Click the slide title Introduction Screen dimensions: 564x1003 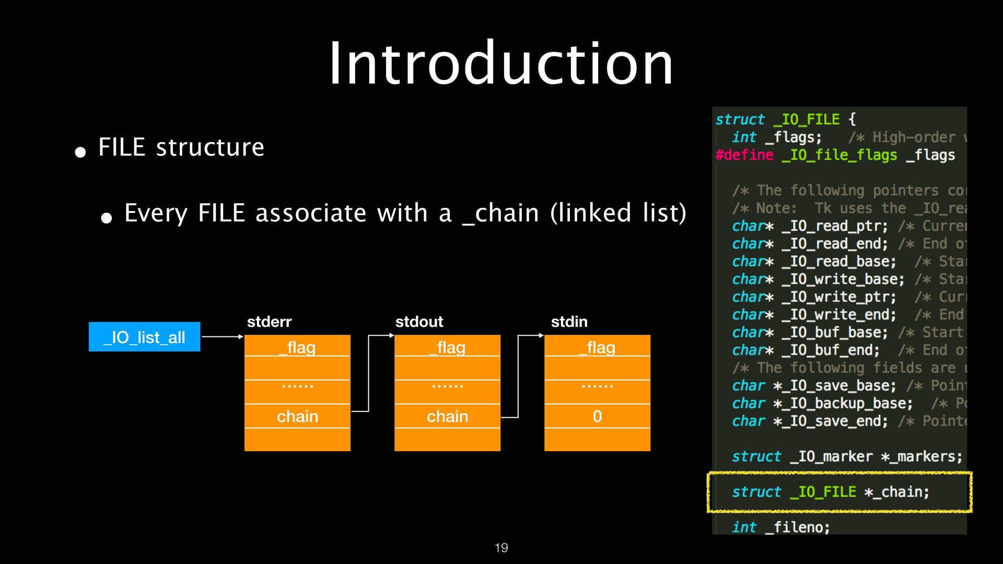pos(501,64)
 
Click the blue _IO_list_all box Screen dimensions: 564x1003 pos(144,337)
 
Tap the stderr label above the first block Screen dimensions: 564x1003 pos(269,322)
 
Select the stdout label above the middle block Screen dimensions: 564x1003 pos(419,322)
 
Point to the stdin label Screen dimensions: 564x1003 pos(569,322)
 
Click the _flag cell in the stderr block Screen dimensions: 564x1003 pos(297,347)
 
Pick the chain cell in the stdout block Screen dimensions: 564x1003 pos(447,416)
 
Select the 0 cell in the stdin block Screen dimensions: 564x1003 pos(597,416)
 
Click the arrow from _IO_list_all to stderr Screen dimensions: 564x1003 pos(222,337)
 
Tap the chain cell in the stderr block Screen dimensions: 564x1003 pos(297,416)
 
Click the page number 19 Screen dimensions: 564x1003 pos(501,548)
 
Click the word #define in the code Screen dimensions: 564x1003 pos(744,155)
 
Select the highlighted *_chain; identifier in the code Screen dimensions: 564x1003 pos(896,492)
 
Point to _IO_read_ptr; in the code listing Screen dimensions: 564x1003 pos(834,226)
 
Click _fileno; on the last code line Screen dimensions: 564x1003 pos(797,527)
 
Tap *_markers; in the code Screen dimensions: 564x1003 pos(922,456)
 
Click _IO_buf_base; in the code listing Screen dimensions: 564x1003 pos(834,333)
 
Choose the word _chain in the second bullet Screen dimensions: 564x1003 pos(500,213)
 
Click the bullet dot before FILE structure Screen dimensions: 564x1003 pos(80,152)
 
